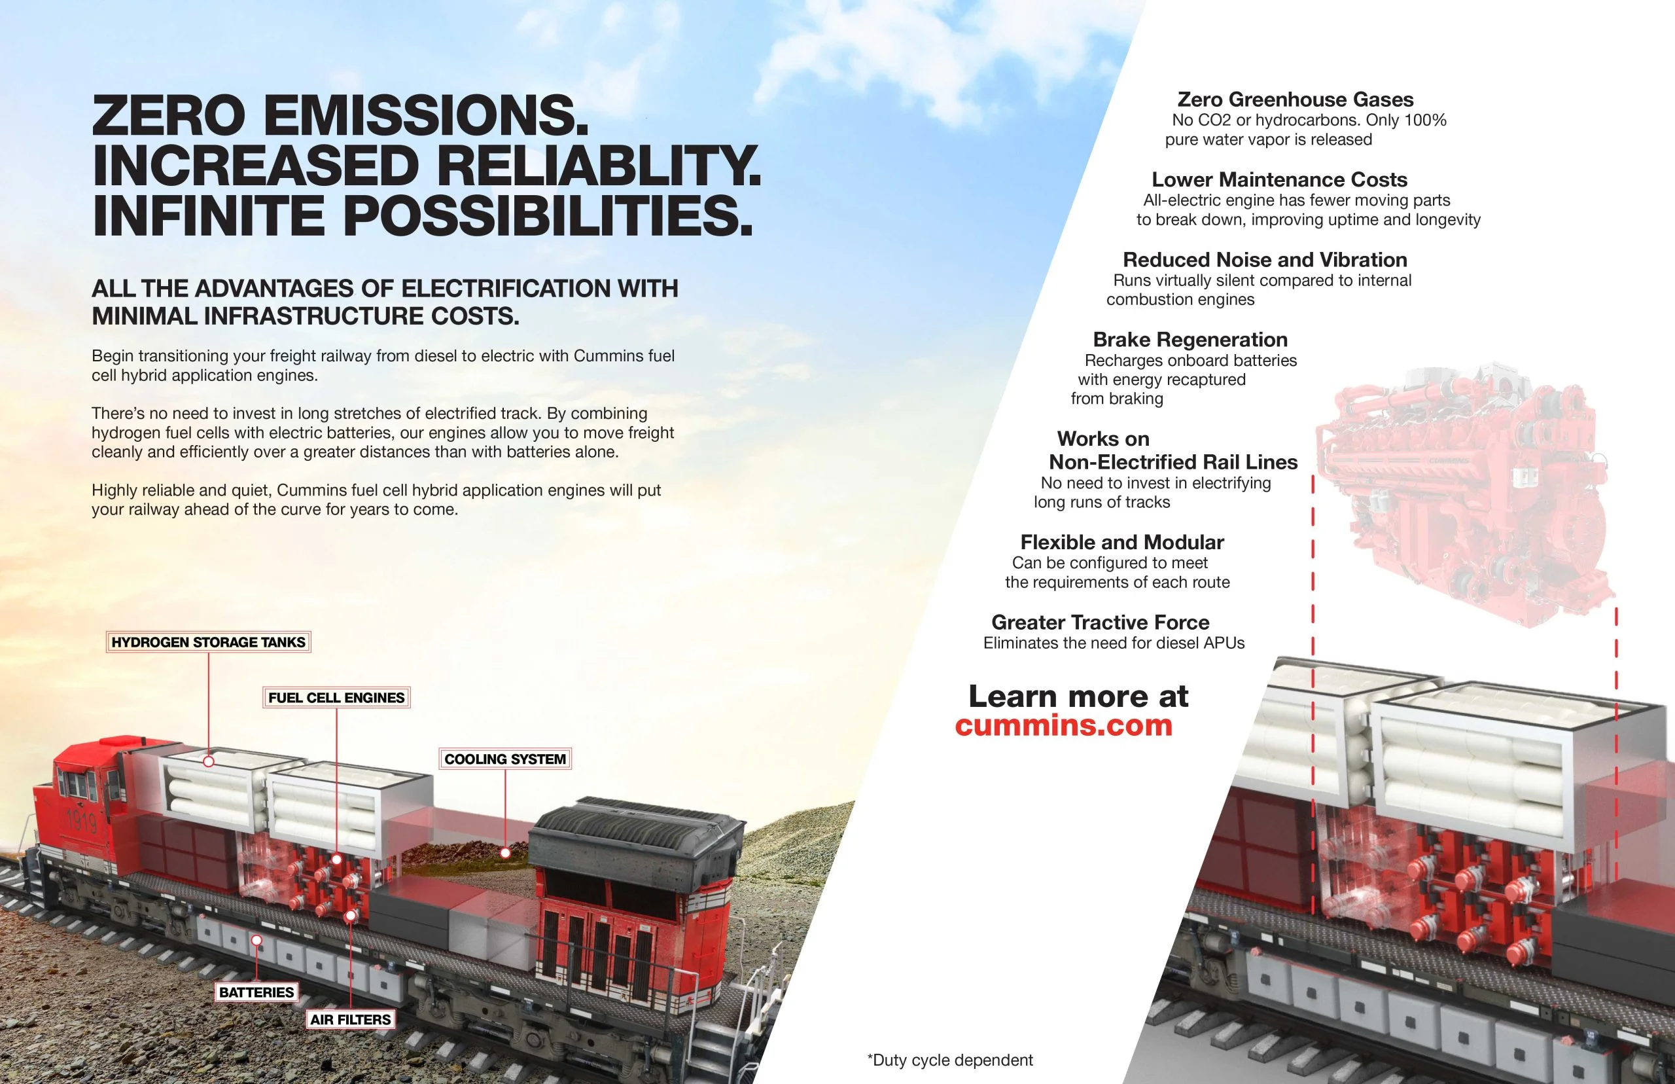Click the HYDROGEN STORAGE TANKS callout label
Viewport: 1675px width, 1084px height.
(208, 642)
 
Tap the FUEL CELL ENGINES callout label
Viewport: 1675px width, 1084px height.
(336, 698)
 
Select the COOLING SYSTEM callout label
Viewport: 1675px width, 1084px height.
(505, 759)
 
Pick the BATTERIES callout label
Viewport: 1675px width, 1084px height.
(256, 992)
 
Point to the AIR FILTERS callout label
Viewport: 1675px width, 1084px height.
(350, 1019)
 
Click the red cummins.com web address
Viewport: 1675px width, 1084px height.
(1064, 725)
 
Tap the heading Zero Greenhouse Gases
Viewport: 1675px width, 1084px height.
(1295, 100)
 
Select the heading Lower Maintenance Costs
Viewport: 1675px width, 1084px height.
(1279, 179)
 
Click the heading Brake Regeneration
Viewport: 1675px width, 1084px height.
(1190, 339)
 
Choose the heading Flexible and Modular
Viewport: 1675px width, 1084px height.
(1122, 542)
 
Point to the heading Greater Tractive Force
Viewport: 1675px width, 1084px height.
(1101, 623)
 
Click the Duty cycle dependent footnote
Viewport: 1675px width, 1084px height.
(949, 1060)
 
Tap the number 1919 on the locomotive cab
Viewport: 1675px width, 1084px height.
(81, 821)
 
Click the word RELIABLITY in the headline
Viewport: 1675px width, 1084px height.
(599, 166)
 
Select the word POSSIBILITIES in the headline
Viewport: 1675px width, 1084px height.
(547, 215)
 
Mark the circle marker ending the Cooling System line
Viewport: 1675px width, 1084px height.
(505, 852)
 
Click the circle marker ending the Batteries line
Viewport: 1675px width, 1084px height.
(256, 941)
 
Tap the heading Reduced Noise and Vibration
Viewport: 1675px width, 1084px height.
(1265, 260)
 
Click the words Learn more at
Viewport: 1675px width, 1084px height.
(1078, 696)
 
